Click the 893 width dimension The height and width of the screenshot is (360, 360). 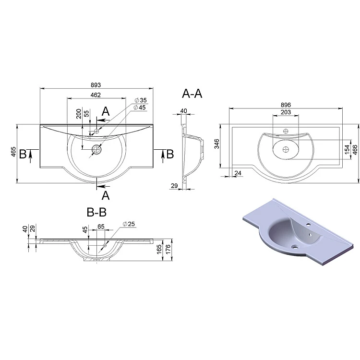96,85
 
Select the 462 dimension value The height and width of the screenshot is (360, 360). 96,95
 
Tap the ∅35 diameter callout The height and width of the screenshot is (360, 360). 141,100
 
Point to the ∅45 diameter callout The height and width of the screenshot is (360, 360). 140,108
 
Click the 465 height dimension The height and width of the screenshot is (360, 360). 13,152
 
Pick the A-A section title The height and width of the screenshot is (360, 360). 192,94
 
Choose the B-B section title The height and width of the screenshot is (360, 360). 96,212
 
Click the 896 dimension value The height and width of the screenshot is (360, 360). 286,105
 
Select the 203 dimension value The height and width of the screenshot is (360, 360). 286,112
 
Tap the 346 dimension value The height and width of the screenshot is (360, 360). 217,144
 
